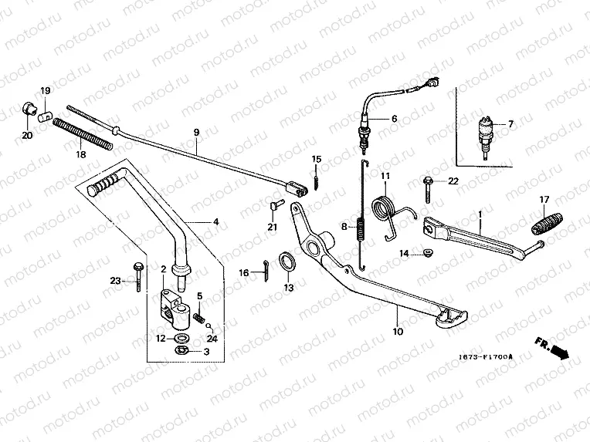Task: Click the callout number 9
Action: (196, 132)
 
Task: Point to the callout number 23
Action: (115, 282)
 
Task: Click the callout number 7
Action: (510, 124)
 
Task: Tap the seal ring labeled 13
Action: (287, 261)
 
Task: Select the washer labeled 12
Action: (182, 337)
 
